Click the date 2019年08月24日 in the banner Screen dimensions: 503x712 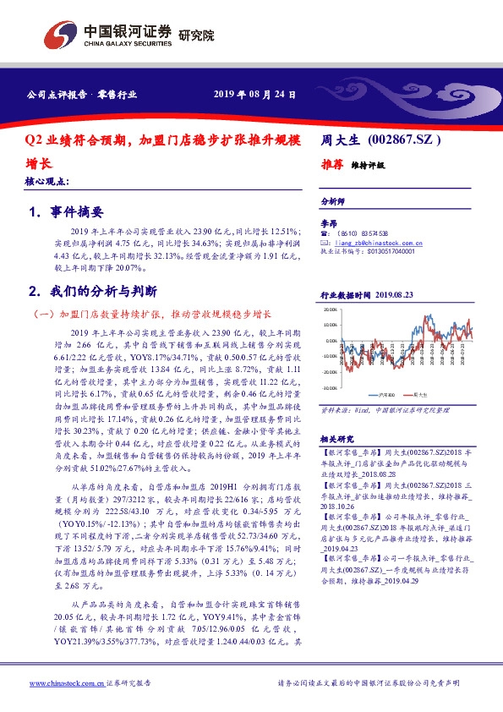[254, 95]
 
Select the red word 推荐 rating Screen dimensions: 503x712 [332, 165]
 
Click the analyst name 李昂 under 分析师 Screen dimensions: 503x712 [328, 223]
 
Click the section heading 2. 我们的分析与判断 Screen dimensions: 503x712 [92, 291]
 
